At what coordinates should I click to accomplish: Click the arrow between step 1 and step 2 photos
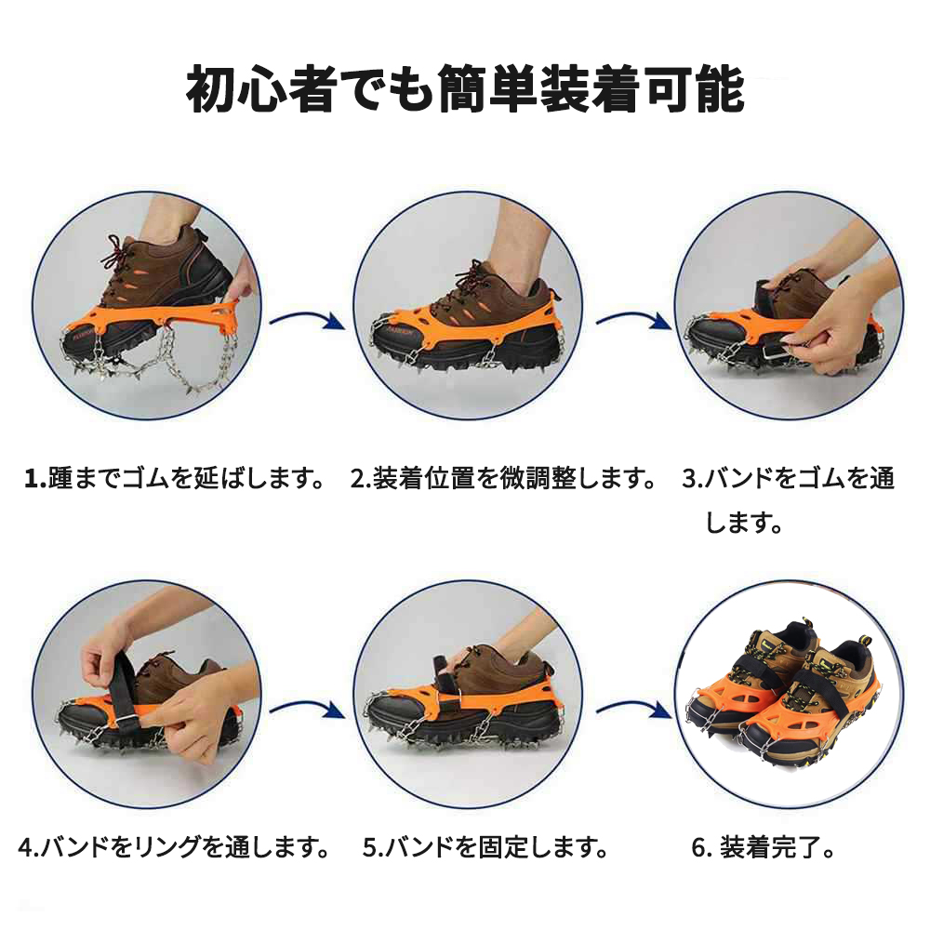[307, 319]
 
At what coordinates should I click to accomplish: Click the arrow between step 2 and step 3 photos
[633, 319]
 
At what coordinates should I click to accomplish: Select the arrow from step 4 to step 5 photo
[307, 708]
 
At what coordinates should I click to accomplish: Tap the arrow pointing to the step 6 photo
[633, 708]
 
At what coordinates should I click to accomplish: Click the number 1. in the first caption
[35, 479]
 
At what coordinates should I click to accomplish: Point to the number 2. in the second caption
[361, 479]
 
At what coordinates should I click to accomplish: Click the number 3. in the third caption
[693, 479]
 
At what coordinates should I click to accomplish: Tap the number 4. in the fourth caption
[29, 847]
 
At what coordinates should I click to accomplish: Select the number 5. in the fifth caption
[373, 847]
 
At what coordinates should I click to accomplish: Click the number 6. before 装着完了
[702, 847]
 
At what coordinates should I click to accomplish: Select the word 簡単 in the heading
[489, 89]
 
